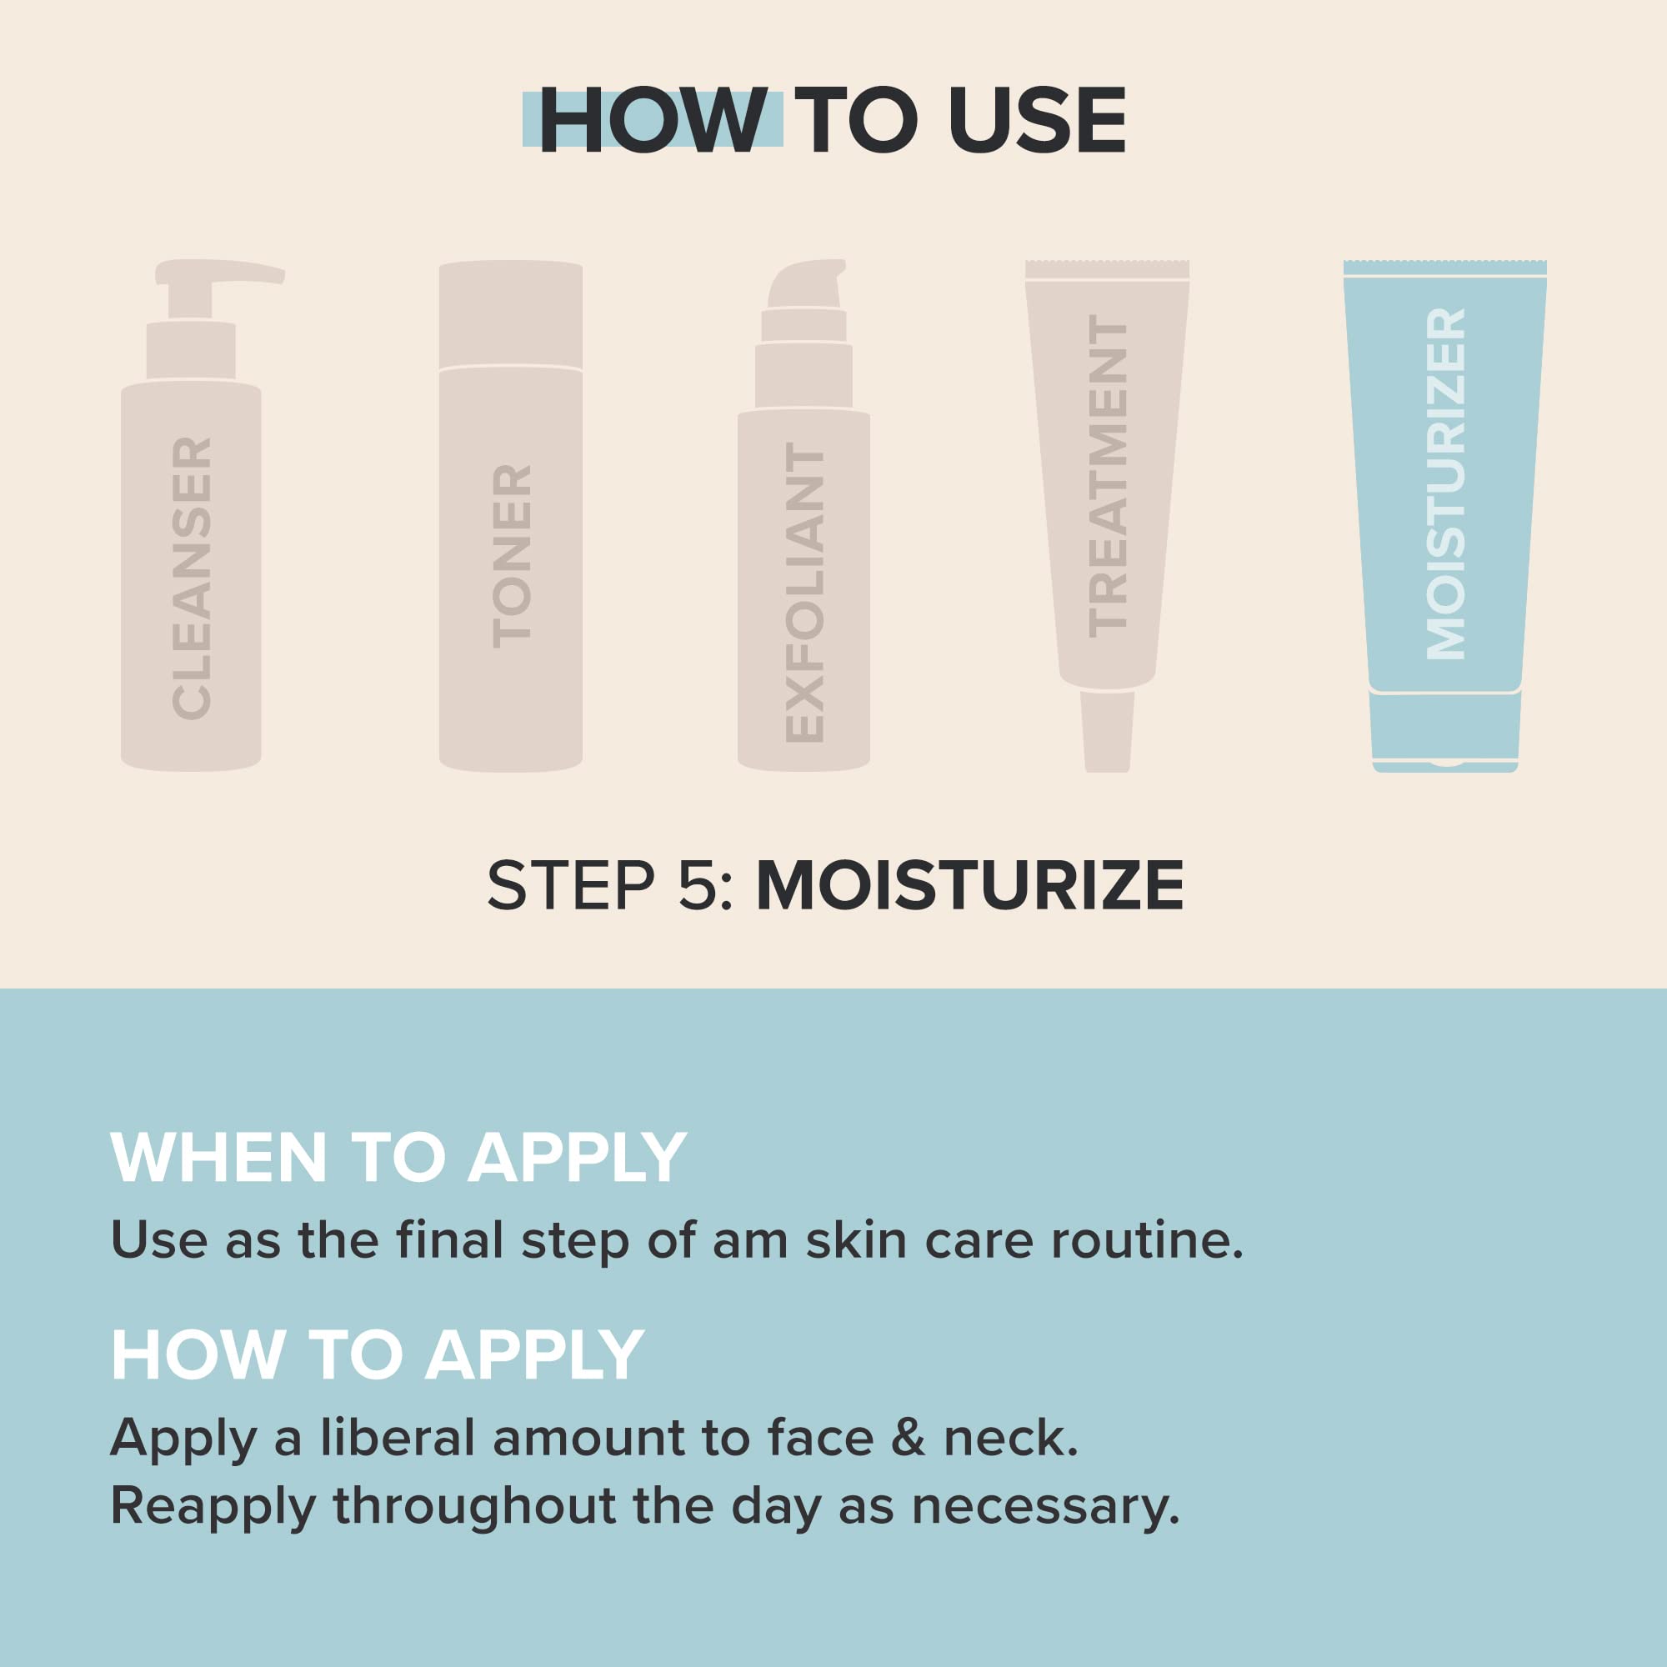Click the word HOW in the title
(x=653, y=121)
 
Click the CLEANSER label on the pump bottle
(x=193, y=578)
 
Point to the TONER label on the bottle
(x=512, y=557)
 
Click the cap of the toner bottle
(x=511, y=315)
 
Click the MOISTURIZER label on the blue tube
(x=1445, y=484)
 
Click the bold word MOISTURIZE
(x=970, y=886)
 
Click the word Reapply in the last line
(x=213, y=1507)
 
